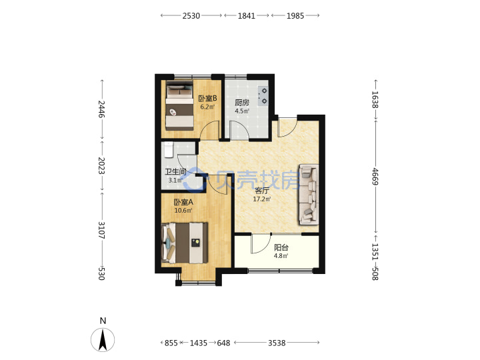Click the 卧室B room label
207,98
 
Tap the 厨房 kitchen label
242,103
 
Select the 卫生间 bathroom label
175,172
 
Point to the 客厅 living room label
262,191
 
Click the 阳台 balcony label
281,247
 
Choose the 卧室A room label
183,202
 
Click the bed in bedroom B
180,105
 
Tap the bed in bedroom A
185,243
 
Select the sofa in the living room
309,195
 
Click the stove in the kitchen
263,96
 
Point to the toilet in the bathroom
169,149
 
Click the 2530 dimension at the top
191,15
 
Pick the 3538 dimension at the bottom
277,343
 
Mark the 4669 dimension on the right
375,176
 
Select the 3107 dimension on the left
101,230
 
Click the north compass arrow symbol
103,340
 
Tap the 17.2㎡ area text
262,199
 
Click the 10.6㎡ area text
183,211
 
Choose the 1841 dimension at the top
247,15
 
